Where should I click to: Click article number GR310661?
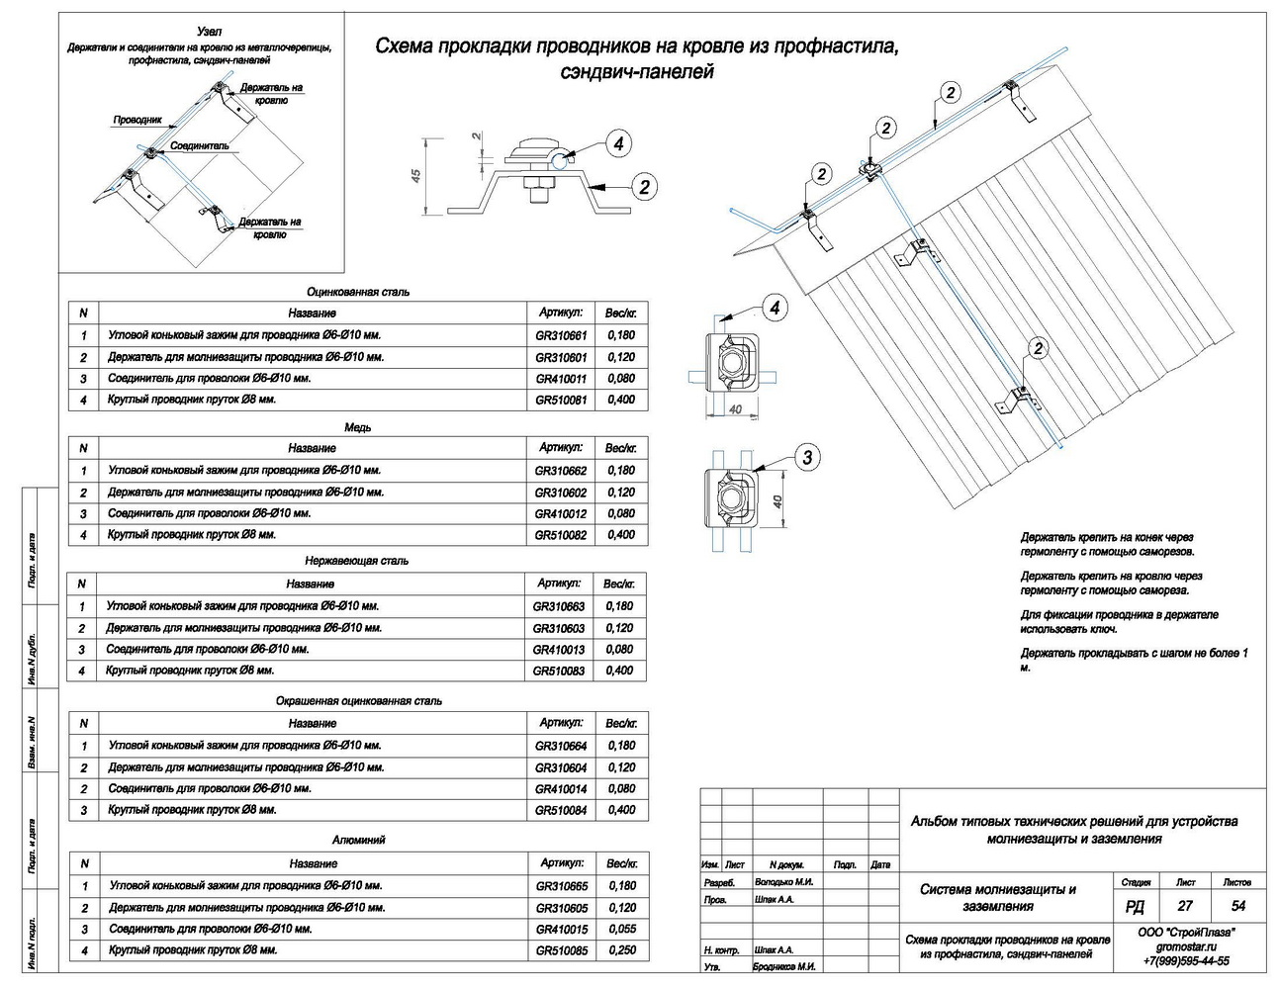point(561,335)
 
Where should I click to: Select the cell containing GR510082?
point(560,535)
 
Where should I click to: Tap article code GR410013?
point(559,650)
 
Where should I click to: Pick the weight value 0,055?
point(622,930)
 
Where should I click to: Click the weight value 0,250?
point(622,950)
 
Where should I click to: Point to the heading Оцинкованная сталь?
point(358,293)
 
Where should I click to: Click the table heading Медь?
point(358,427)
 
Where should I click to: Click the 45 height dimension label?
point(416,174)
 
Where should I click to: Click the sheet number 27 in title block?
point(1185,906)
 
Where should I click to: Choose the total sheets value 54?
point(1237,906)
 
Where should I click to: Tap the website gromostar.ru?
point(1185,946)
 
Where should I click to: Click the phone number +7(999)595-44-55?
point(1185,961)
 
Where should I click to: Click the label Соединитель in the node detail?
point(199,146)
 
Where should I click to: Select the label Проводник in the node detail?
point(137,120)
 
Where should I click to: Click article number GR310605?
point(562,909)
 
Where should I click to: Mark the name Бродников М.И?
point(784,967)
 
